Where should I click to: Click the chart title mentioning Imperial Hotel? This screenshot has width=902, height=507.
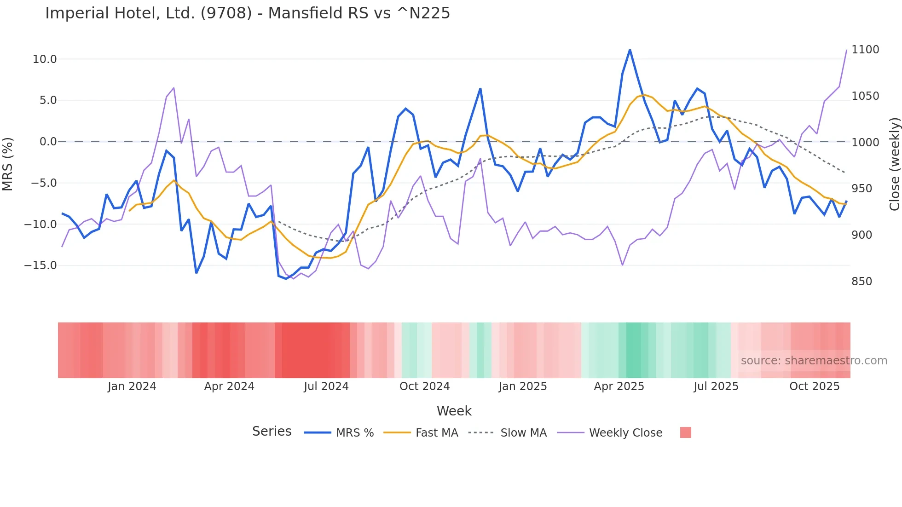click(248, 13)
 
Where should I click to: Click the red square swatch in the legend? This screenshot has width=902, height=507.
click(685, 432)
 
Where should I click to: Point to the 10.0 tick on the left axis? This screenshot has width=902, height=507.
click(45, 59)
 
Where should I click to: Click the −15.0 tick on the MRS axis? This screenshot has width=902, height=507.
click(41, 265)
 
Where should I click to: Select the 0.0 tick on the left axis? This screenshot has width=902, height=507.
click(48, 142)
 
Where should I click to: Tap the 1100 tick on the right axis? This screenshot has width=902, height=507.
click(865, 50)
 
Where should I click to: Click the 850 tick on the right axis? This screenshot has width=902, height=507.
click(862, 282)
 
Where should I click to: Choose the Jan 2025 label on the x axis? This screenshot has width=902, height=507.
click(522, 386)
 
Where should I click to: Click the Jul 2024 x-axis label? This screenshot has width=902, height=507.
click(326, 386)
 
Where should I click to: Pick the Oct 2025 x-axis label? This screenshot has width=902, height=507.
click(814, 386)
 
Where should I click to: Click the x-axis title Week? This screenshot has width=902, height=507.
click(454, 411)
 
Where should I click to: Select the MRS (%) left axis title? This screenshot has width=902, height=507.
click(8, 164)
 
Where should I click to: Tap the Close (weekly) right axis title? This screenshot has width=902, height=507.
click(894, 164)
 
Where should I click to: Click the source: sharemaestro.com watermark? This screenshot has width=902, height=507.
click(814, 361)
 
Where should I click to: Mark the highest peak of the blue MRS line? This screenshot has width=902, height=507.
click(630, 50)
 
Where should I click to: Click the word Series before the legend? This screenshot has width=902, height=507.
click(272, 432)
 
